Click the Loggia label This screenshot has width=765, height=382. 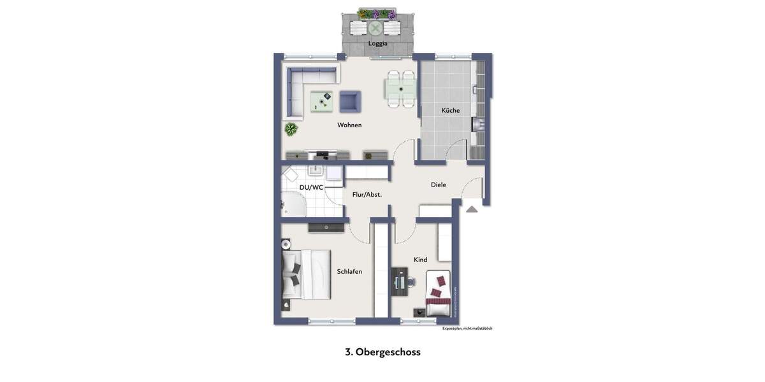pyautogui.click(x=377, y=43)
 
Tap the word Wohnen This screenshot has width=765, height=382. pyautogui.click(x=349, y=125)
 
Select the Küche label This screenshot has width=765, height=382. pyautogui.click(x=450, y=110)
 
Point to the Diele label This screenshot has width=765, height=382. pyautogui.click(x=438, y=185)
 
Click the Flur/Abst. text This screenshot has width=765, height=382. pyautogui.click(x=367, y=195)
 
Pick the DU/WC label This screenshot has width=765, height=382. pyautogui.click(x=311, y=187)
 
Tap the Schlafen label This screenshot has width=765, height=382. pyautogui.click(x=349, y=271)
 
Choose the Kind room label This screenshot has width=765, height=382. pyautogui.click(x=420, y=260)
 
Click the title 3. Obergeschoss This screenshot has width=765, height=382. pyautogui.click(x=382, y=352)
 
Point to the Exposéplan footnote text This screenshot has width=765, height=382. pyautogui.click(x=467, y=329)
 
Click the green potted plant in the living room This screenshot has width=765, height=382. pyautogui.click(x=291, y=129)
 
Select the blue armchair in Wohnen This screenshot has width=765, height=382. pyautogui.click(x=350, y=101)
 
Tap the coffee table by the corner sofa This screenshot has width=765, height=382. pyautogui.click(x=322, y=101)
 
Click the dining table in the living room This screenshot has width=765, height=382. pyautogui.click(x=400, y=89)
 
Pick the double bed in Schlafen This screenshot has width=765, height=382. pyautogui.click(x=307, y=274)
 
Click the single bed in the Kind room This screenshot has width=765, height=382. pyautogui.click(x=438, y=294)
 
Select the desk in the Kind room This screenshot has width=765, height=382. pyautogui.click(x=399, y=281)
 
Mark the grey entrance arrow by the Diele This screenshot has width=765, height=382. pyautogui.click(x=471, y=209)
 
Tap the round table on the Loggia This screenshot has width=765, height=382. pyautogui.click(x=375, y=28)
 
